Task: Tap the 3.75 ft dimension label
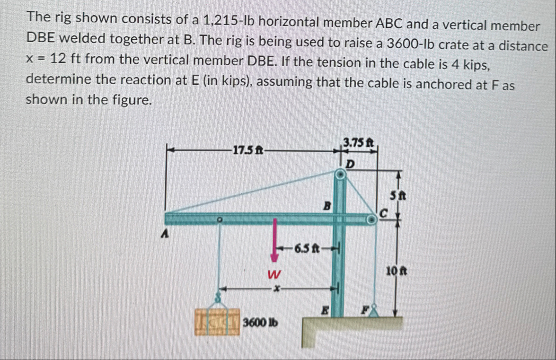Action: pyautogui.click(x=358, y=142)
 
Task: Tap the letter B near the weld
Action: pyautogui.click(x=326, y=206)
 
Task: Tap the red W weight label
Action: pyautogui.click(x=274, y=274)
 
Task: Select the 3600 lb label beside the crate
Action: pyautogui.click(x=260, y=323)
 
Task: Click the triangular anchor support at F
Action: pyautogui.click(x=375, y=311)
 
